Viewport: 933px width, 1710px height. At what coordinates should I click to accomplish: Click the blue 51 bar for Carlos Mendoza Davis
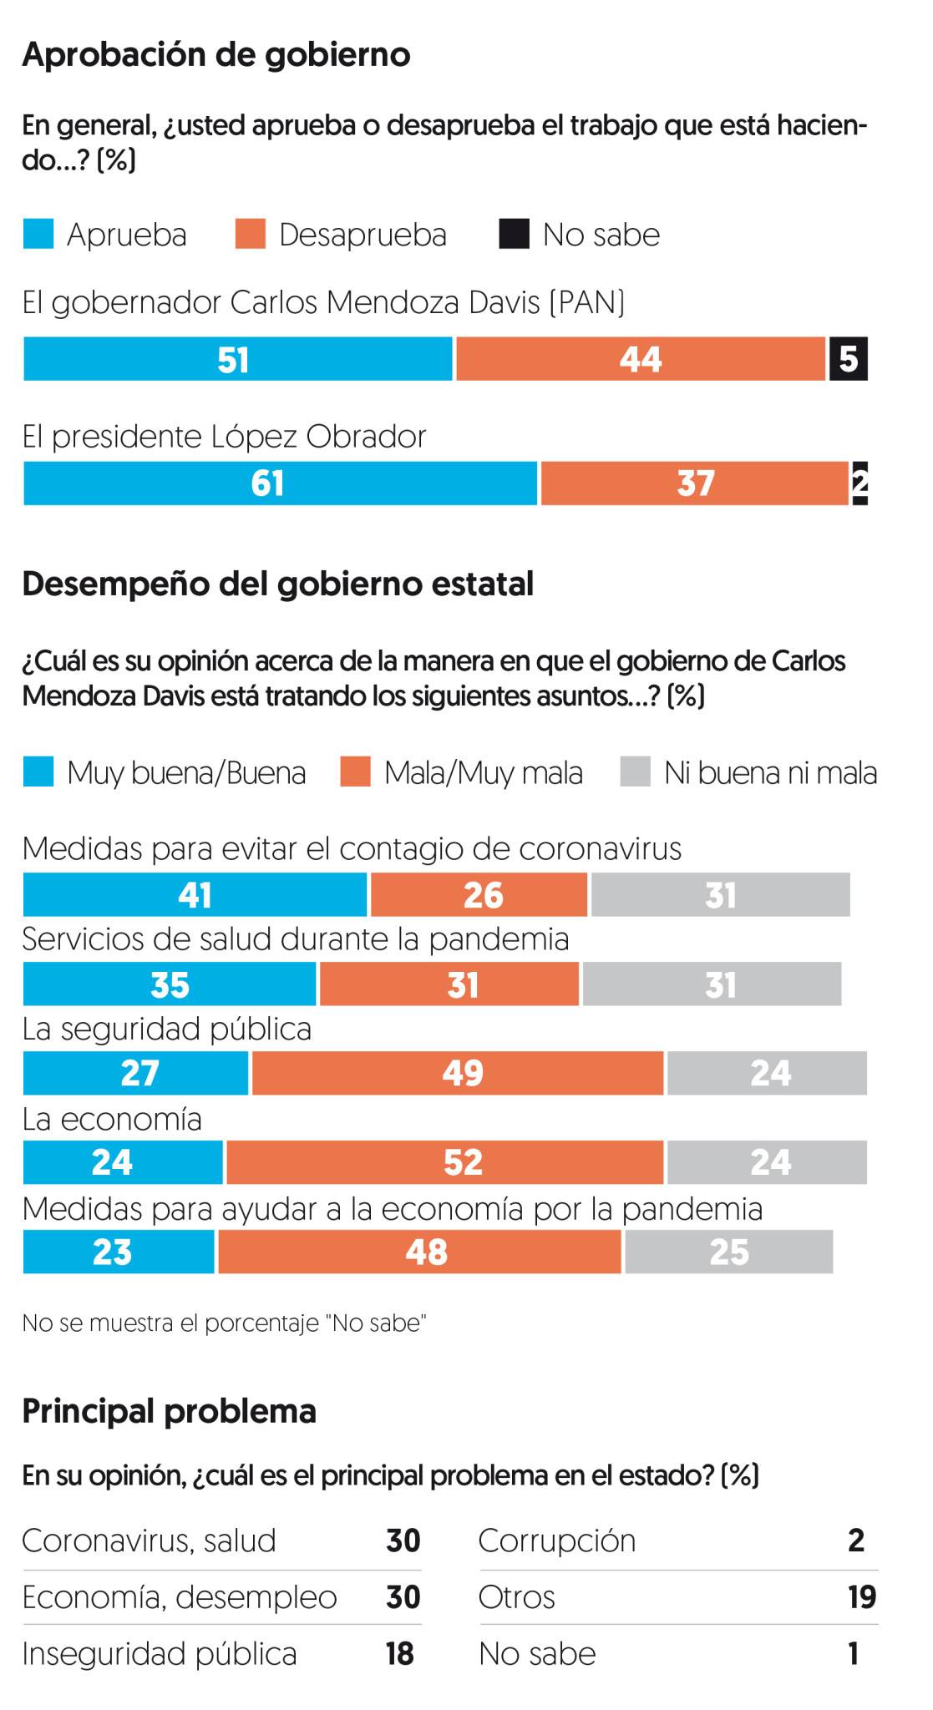tap(237, 359)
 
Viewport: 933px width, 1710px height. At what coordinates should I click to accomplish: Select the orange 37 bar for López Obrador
tap(694, 483)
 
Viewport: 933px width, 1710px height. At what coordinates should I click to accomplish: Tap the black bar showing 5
tap(848, 359)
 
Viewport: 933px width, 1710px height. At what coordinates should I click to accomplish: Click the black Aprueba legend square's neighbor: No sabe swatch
tap(514, 235)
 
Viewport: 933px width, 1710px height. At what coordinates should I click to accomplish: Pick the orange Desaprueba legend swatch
tap(251, 235)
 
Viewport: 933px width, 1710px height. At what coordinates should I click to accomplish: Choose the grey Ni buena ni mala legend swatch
tap(635, 772)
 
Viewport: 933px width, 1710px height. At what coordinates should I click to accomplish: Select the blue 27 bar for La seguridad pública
tap(135, 1073)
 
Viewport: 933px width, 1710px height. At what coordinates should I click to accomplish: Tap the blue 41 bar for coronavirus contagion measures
tap(195, 895)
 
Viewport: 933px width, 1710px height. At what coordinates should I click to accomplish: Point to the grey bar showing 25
tap(728, 1252)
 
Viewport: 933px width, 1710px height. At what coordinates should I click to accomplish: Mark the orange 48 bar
tap(419, 1252)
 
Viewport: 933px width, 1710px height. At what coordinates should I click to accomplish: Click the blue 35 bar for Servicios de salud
tap(170, 984)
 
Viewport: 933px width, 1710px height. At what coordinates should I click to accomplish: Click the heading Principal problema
tap(170, 1411)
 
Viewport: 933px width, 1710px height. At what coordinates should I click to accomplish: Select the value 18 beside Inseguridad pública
tap(400, 1654)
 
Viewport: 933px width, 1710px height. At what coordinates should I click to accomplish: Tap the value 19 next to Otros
tap(861, 1597)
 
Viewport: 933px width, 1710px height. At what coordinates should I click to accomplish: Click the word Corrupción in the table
tap(557, 1541)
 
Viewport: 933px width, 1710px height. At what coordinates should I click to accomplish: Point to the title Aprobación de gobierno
tap(216, 55)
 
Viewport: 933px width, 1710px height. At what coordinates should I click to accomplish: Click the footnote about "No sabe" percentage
tap(224, 1323)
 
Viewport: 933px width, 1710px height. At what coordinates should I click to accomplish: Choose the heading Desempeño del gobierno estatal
tap(277, 584)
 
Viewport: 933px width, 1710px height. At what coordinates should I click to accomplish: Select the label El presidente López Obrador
tap(224, 437)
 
